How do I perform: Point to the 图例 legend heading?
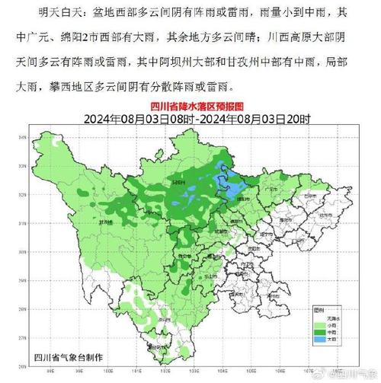[319, 311]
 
